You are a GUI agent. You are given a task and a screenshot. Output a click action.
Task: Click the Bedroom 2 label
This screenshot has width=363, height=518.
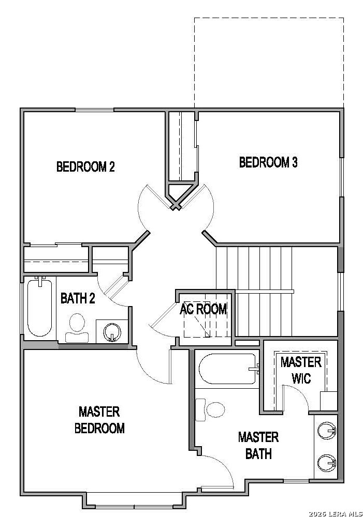[x=85, y=166]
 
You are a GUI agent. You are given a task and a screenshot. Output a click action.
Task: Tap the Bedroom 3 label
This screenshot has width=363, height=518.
[x=268, y=162]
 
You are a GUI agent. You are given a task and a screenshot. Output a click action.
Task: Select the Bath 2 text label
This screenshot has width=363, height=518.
[x=78, y=298]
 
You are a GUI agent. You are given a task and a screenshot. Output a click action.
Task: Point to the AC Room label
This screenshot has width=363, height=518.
[x=203, y=309]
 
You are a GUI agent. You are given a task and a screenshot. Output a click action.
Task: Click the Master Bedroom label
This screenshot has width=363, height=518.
[x=99, y=420]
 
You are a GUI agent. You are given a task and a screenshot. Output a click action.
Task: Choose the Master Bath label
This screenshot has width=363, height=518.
[x=258, y=445]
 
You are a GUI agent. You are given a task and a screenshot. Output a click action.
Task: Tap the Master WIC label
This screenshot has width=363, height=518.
[x=301, y=370]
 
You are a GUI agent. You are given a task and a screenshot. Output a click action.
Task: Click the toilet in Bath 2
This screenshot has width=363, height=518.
[x=77, y=328]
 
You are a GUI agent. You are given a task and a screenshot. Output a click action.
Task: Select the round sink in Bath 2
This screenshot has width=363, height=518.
[x=112, y=331]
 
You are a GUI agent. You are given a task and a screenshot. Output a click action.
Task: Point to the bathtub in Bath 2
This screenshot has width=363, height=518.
[x=39, y=307]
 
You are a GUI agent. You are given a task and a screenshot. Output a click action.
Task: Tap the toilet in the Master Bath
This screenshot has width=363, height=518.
[x=210, y=410]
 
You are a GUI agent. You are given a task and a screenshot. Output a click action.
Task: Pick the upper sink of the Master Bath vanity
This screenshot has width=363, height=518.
[x=326, y=431]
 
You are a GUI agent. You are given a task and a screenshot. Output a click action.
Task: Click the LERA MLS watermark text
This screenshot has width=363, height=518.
[x=336, y=514]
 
